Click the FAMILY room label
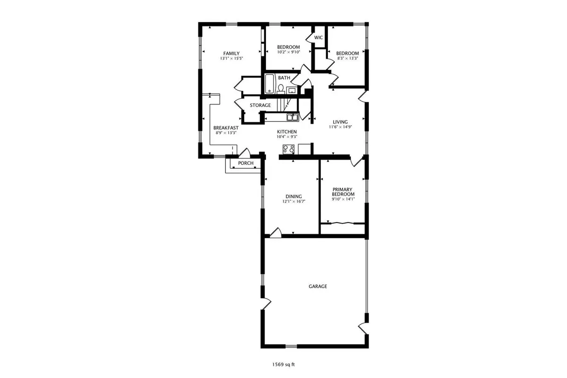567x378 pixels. tap(232, 53)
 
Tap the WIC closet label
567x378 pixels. tap(318, 37)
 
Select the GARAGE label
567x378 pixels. tap(318, 286)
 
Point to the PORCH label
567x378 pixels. tap(246, 163)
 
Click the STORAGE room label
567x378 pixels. tap(260, 105)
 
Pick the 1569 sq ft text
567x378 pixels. tap(283, 365)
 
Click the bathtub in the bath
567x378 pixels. tap(269, 84)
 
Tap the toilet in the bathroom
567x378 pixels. tap(281, 89)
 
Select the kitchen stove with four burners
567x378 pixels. tap(289, 149)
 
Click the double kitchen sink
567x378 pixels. tap(292, 117)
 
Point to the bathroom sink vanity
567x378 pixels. tap(292, 90)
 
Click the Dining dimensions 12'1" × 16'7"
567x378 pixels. tap(293, 202)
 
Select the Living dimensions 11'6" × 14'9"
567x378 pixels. tap(340, 127)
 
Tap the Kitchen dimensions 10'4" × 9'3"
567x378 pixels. tap(287, 137)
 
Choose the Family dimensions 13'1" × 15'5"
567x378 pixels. tap(232, 59)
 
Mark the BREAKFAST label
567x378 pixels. tap(226, 128)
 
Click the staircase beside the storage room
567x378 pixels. tap(287, 104)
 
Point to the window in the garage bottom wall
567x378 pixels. tap(291, 346)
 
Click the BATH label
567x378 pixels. tap(284, 78)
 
